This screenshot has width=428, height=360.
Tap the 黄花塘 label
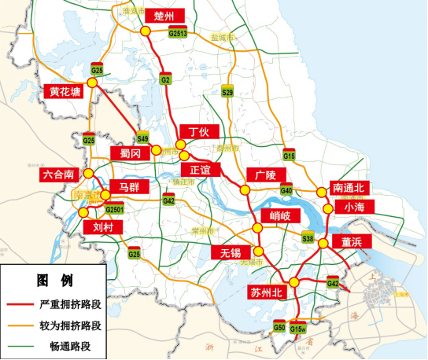click(65, 90)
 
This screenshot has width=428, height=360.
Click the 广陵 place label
click(261, 174)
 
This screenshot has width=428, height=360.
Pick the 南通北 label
click(349, 188)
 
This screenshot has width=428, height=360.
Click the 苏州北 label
click(265, 292)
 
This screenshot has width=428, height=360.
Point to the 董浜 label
click(351, 242)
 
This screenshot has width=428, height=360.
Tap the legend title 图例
click(53, 280)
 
